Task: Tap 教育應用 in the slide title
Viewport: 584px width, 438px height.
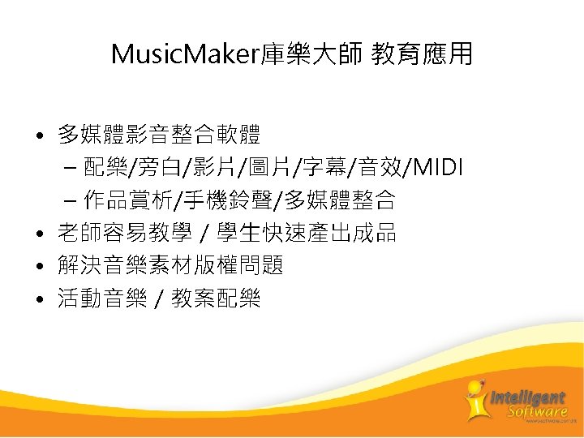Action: [x=422, y=55]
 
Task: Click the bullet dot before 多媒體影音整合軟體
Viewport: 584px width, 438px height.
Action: [x=40, y=133]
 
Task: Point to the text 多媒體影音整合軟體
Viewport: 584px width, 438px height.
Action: [x=159, y=133]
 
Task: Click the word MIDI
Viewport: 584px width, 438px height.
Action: [x=438, y=167]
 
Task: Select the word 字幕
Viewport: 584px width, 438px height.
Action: [x=323, y=167]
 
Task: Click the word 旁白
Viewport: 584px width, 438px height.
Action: [x=159, y=167]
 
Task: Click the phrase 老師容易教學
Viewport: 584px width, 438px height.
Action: [x=124, y=234]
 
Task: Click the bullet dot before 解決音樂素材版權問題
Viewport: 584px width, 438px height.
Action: [x=40, y=267]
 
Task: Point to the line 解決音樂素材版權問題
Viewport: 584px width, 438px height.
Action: [x=170, y=266]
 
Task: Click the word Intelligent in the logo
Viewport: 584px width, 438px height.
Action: [x=528, y=397]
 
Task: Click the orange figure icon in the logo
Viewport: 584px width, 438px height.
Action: [x=475, y=400]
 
